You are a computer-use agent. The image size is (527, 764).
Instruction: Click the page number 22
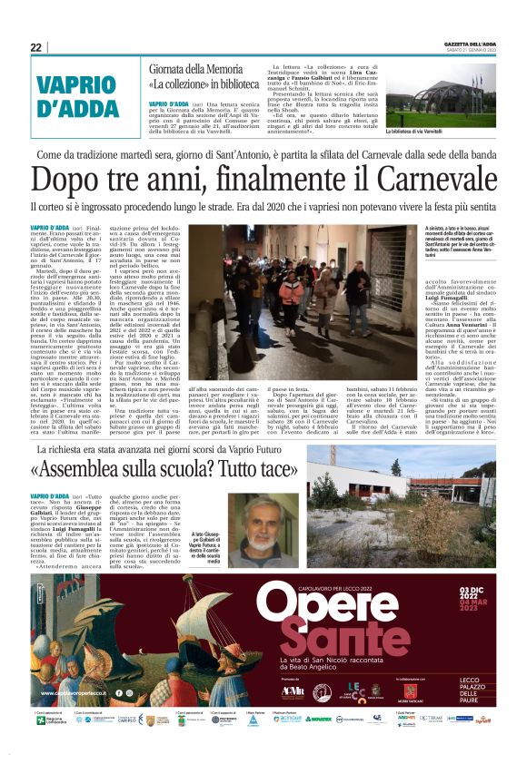click(35, 47)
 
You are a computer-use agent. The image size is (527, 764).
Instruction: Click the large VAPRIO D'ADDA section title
click(81, 95)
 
